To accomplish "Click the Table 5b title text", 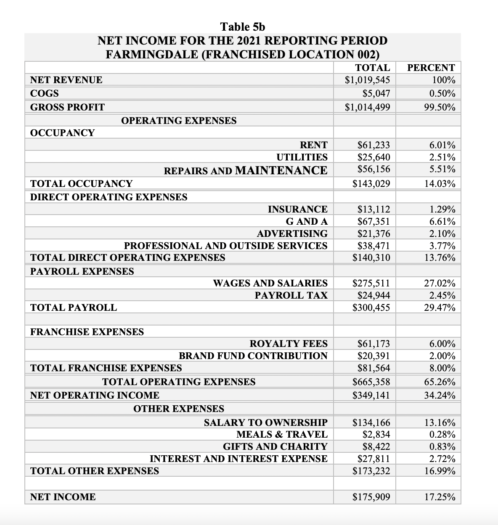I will tap(243, 27).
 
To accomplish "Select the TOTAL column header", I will tap(372, 68).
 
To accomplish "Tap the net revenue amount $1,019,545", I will tap(367, 80).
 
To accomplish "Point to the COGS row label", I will tap(45, 93).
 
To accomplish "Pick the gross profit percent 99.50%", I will tap(440, 107).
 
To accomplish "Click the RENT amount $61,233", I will tap(373, 145).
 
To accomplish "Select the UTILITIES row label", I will tap(302, 157).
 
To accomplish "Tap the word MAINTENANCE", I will tap(281, 170).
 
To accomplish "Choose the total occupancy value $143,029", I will tap(371, 184).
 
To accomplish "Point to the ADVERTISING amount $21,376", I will tap(373, 234).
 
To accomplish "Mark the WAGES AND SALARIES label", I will tap(270, 283).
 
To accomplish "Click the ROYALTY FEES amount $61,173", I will tap(373, 344).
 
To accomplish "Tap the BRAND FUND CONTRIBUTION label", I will tap(253, 356).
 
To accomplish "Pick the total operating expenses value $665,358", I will tap(371, 382).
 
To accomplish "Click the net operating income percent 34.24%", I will tap(440, 395).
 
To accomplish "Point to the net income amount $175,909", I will tap(371, 497).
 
